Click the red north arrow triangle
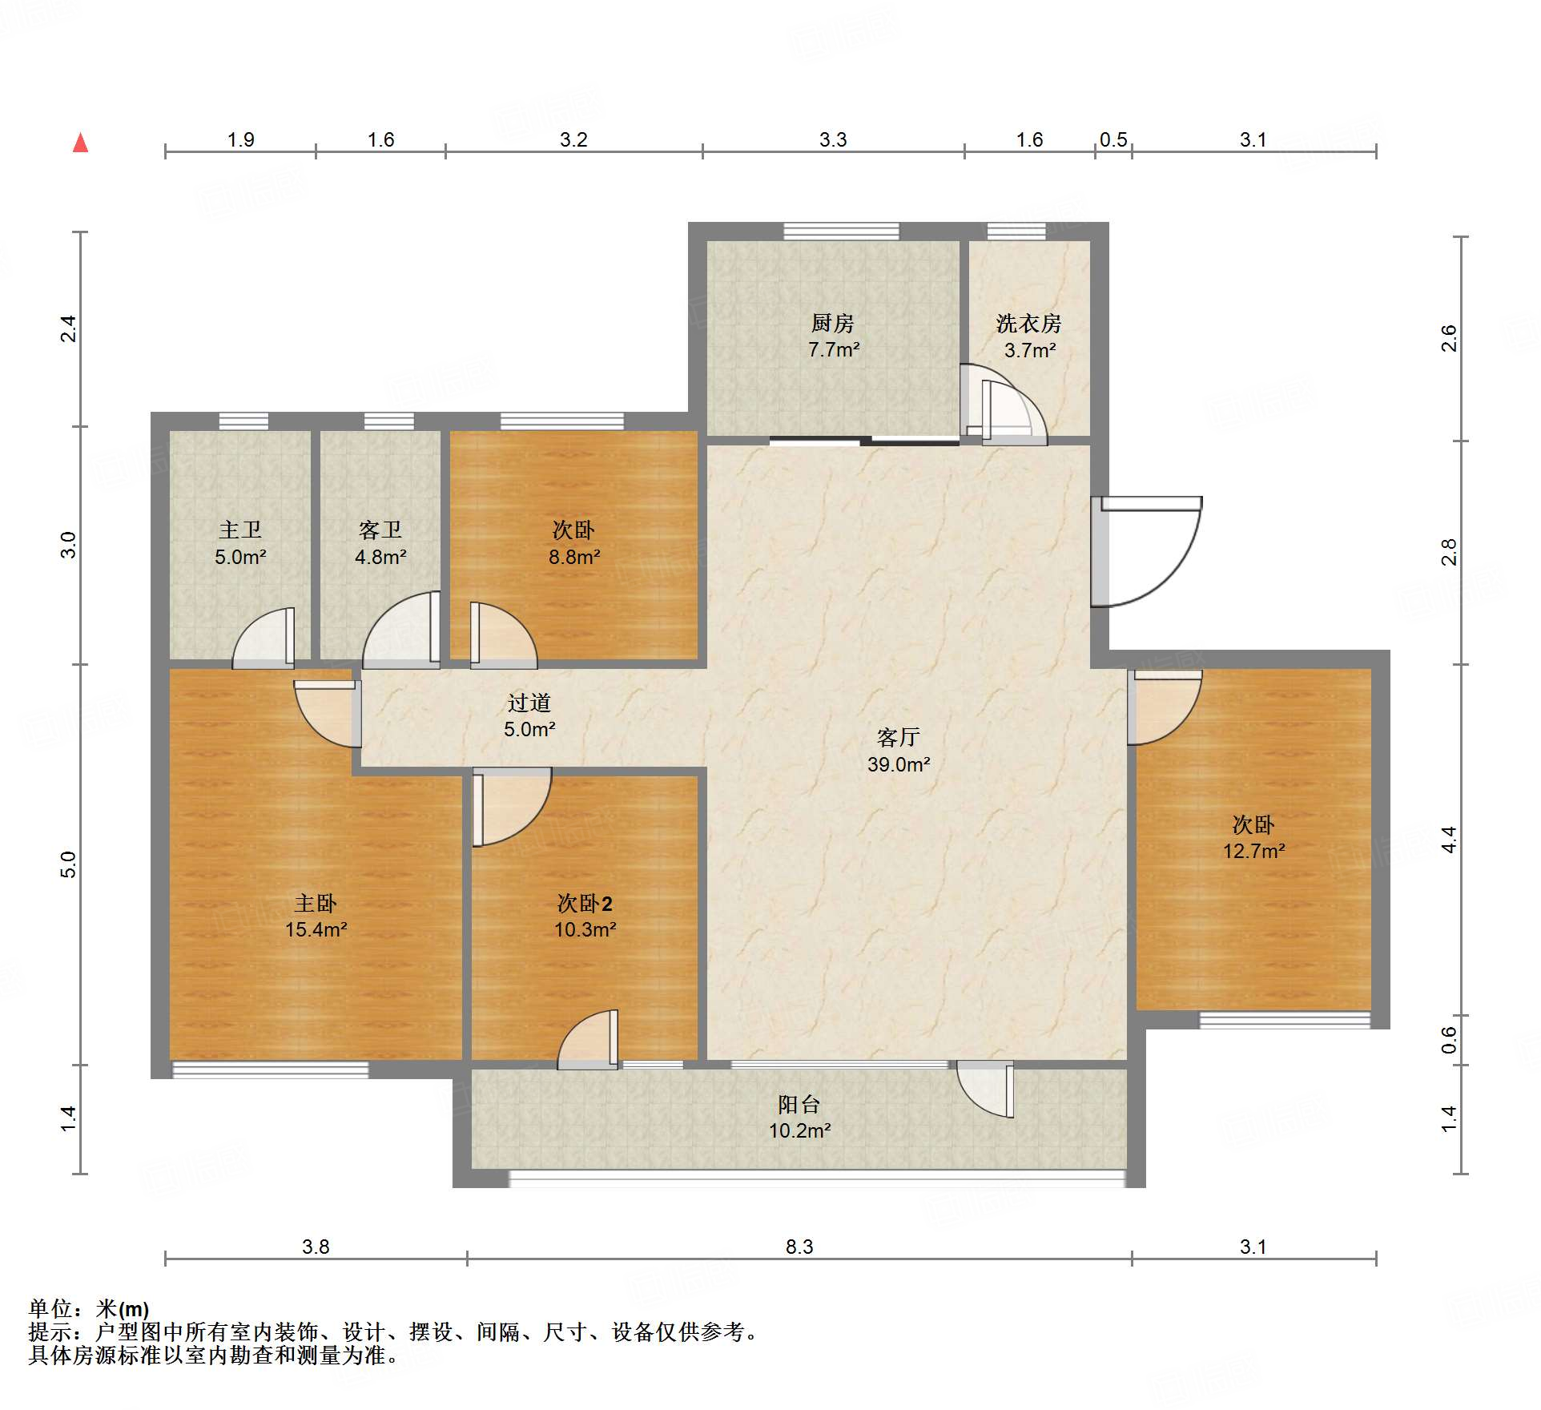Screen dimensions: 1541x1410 pos(80,143)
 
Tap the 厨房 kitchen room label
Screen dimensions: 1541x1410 pos(833,323)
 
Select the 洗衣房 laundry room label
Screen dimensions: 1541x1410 pos(1029,323)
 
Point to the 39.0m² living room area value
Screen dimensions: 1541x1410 pos(899,764)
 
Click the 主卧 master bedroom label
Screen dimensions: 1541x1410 pos(316,903)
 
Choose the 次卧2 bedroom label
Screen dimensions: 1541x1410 pos(585,903)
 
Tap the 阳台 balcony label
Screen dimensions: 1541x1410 pos(799,1104)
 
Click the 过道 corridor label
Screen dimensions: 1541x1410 pos(529,703)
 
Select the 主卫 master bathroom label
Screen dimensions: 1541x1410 pos(240,530)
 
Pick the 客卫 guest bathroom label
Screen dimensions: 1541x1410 pos(380,530)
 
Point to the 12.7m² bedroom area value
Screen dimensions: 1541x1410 pos(1253,851)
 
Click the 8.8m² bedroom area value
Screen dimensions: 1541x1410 pos(574,557)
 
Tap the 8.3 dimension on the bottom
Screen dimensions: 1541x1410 pos(799,1247)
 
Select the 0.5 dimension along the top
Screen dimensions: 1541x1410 pos(1113,140)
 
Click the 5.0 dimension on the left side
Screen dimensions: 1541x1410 pos(69,864)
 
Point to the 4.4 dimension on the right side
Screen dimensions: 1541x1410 pos(1449,840)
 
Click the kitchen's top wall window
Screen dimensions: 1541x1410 pos(841,232)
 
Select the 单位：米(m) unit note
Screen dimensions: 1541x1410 pos(89,1309)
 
